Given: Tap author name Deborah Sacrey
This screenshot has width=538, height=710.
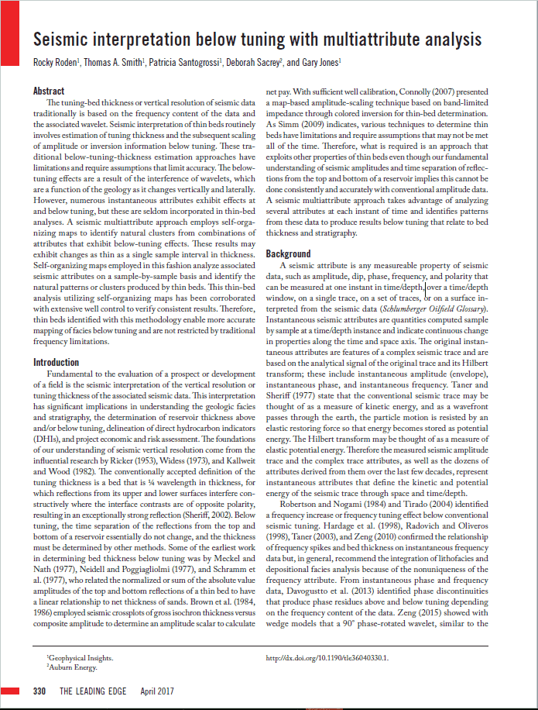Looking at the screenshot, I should tap(254, 63).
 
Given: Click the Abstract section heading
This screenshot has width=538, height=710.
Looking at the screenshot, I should tap(49, 91).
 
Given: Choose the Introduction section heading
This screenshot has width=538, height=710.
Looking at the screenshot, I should tap(56, 362).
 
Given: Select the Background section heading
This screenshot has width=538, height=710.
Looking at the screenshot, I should tap(289, 253).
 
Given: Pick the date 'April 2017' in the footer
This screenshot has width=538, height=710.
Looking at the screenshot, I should tap(159, 691).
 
